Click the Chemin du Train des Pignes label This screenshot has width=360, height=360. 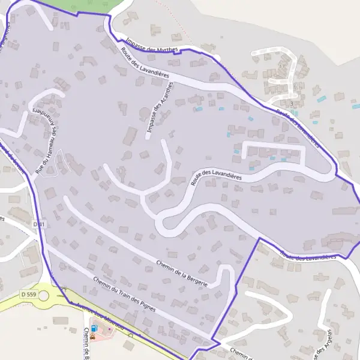(124, 295)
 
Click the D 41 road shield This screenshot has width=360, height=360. (39, 224)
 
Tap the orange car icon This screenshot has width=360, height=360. (100, 330)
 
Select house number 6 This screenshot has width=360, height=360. (295, 86)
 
